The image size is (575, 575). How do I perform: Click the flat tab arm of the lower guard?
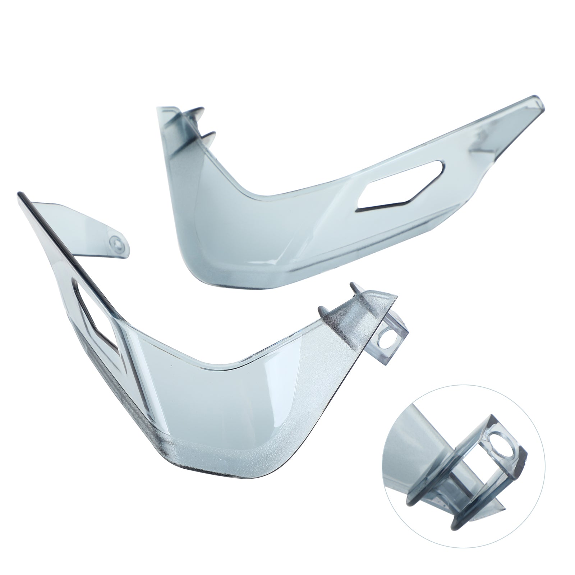click(86, 230)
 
